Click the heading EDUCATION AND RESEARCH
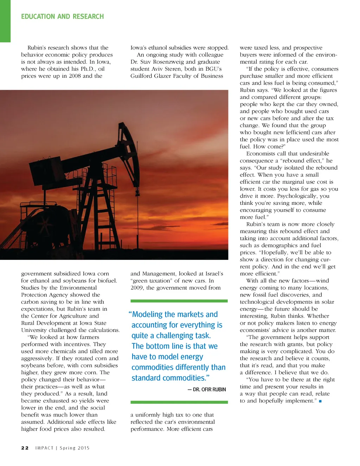62,17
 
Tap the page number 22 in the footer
25,448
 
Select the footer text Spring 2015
75,448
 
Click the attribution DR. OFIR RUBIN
209,389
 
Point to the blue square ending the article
320,401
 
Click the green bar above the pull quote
179,301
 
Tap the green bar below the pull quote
179,402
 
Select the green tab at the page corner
5,21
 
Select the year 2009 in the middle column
137,288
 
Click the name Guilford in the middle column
142,76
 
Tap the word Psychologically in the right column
297,196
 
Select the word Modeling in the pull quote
148,314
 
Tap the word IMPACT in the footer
44,448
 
